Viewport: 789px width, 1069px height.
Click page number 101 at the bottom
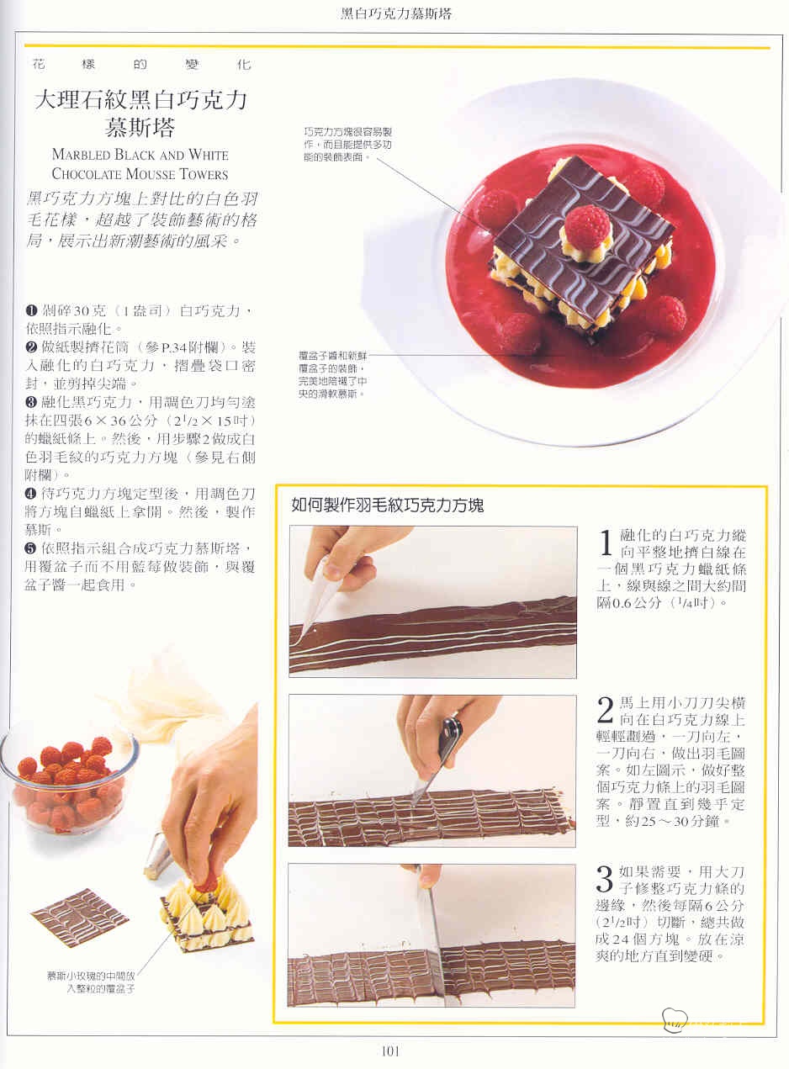point(390,1051)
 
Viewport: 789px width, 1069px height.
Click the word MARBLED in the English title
point(81,155)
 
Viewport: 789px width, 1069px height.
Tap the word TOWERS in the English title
point(204,174)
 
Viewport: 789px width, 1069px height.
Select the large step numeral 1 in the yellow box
point(606,542)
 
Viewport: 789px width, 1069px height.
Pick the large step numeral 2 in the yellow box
point(605,710)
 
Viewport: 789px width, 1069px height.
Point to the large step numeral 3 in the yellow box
point(605,878)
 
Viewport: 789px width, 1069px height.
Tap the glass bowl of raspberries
point(69,784)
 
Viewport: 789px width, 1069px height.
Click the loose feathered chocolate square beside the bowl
point(80,917)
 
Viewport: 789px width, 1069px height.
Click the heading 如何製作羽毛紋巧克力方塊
point(388,505)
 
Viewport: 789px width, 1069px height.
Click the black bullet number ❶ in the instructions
point(31,310)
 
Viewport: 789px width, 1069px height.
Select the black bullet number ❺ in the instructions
point(30,548)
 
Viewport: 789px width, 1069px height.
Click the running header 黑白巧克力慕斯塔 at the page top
point(395,14)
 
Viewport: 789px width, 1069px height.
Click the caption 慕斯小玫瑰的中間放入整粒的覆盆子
point(91,982)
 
